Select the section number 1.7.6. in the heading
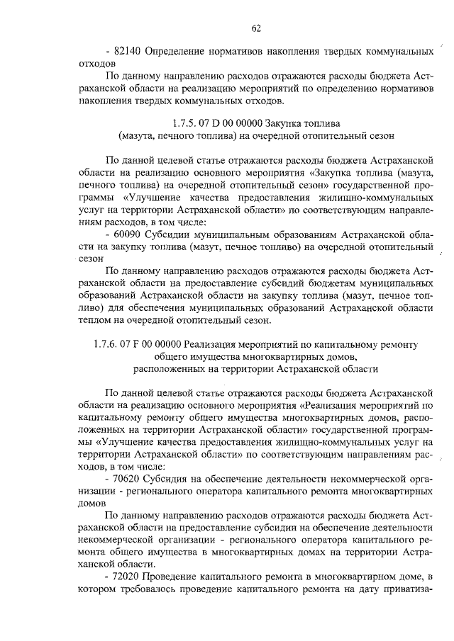click(x=109, y=345)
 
